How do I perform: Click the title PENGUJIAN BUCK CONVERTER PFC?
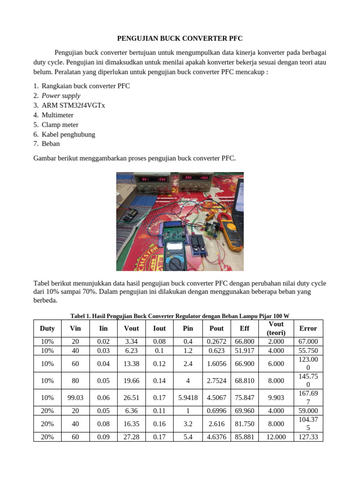[180, 38]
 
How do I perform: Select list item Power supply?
[61, 96]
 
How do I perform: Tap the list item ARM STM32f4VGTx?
[73, 105]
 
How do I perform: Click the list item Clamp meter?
[60, 125]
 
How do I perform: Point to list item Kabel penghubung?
[68, 135]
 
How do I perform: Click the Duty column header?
[47, 329]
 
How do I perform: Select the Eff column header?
[244, 329]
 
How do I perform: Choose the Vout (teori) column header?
[276, 329]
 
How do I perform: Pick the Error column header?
[308, 329]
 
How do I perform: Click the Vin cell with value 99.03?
[75, 397]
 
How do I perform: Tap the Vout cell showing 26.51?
[131, 397]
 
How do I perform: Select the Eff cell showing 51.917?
[244, 351]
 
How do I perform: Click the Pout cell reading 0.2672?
[217, 342]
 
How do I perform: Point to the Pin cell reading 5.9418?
[188, 397]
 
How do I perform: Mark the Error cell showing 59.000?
[308, 411]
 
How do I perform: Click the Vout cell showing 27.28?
[131, 437]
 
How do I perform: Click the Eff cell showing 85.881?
[244, 437]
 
